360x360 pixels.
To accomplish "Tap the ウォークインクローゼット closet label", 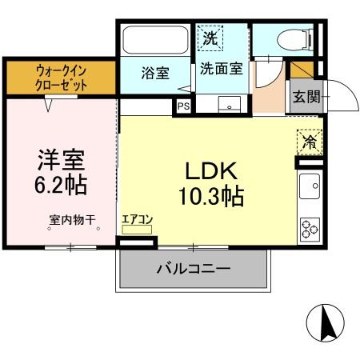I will click(x=61, y=78).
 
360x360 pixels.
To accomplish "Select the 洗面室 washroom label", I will click(x=221, y=68).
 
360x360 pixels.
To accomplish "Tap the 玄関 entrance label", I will click(x=306, y=98).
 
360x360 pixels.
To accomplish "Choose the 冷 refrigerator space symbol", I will click(x=308, y=142).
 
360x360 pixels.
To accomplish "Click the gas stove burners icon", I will click(x=309, y=229).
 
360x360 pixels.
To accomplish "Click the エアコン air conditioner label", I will click(x=137, y=217).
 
